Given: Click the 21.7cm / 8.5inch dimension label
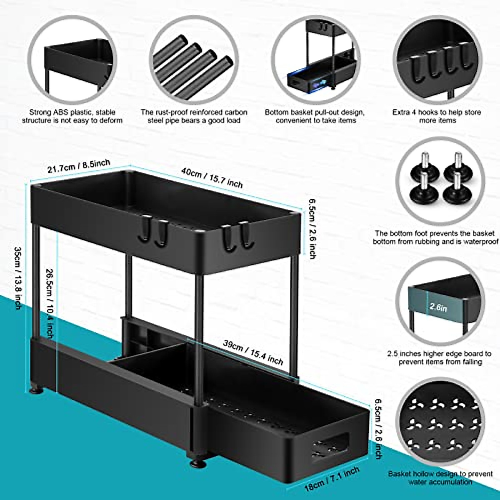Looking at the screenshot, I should (79, 166).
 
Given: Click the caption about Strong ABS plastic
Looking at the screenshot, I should (72, 116).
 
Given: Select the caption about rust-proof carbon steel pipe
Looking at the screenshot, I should (194, 116).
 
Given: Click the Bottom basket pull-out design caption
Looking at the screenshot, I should (315, 116).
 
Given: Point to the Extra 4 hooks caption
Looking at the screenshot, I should (437, 116).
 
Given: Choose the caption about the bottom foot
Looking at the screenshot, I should (435, 237).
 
